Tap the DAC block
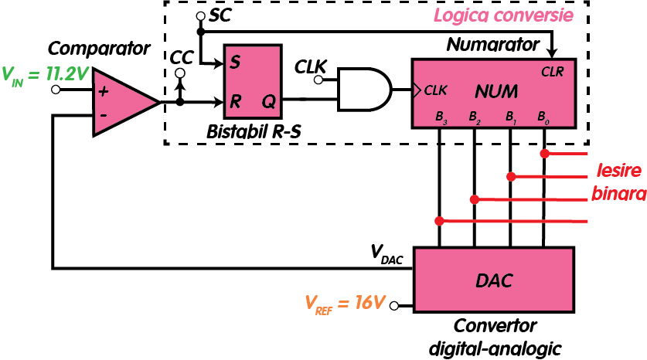click(x=494, y=279)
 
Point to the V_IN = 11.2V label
click(x=45, y=74)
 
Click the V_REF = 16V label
click(x=345, y=302)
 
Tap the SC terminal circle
click(x=200, y=16)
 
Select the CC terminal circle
click(x=180, y=73)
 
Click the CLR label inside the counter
click(x=553, y=72)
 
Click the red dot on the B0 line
click(x=545, y=154)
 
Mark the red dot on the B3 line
click(x=439, y=222)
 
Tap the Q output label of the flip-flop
click(x=267, y=101)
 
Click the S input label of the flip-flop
click(x=234, y=63)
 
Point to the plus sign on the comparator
click(x=103, y=90)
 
